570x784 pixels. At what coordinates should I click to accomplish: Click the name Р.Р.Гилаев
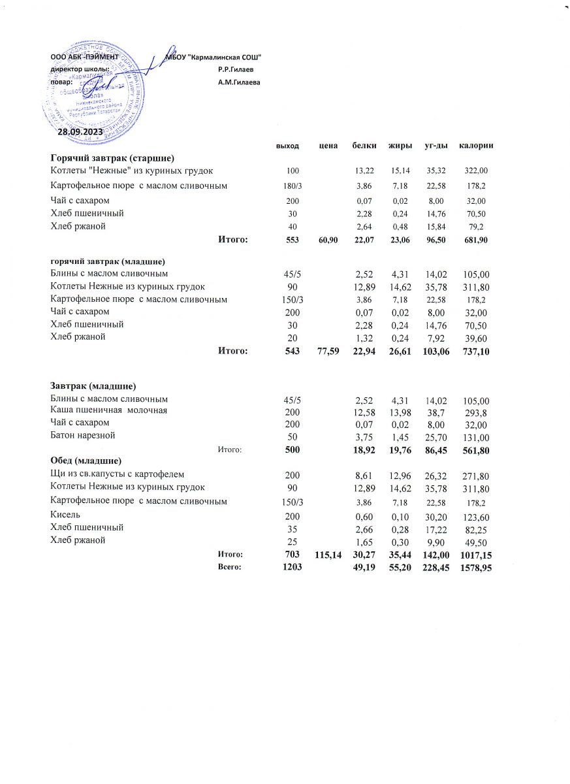[236, 69]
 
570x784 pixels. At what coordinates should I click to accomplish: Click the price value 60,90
[327, 241]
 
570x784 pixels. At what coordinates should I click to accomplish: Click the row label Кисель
[63, 515]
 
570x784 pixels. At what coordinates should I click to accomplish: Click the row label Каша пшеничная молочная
[109, 410]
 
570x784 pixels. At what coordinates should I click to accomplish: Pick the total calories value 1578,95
[475, 568]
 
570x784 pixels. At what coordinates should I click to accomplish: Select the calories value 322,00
[476, 171]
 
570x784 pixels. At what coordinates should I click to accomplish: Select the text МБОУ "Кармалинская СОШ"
[214, 57]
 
